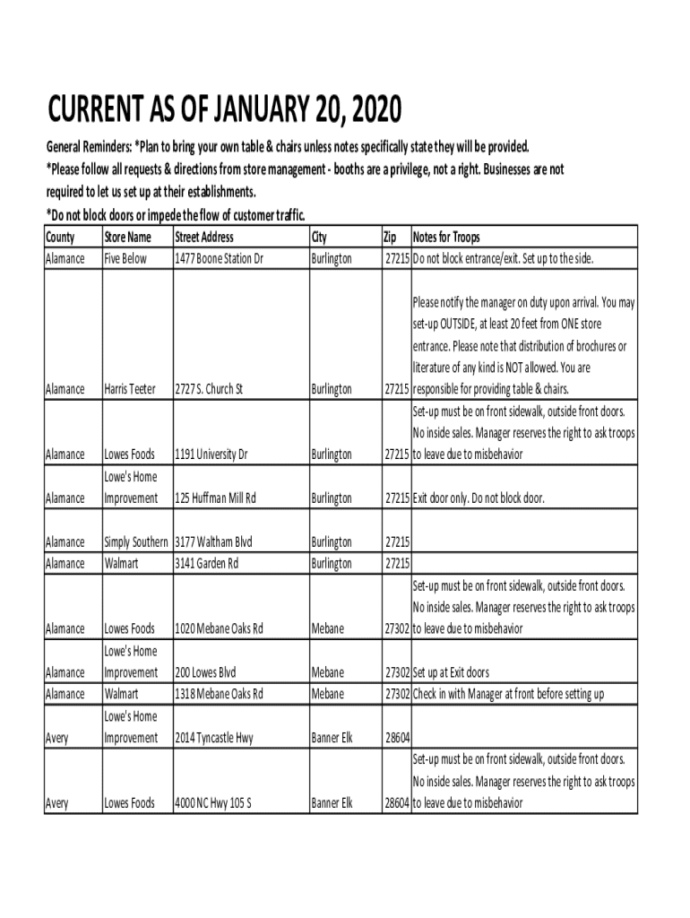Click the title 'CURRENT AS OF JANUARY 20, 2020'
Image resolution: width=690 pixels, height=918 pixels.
pyautogui.click(x=225, y=113)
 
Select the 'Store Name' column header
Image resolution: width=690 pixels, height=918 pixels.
pyautogui.click(x=128, y=238)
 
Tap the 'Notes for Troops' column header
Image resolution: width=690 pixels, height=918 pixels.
pyautogui.click(x=446, y=238)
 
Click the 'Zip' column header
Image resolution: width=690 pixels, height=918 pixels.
pyautogui.click(x=390, y=238)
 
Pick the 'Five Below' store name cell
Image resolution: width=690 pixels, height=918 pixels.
pyautogui.click(x=125, y=259)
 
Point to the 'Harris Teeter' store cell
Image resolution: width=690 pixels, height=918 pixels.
pyautogui.click(x=131, y=390)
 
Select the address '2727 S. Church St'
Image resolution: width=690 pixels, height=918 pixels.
pyautogui.click(x=209, y=390)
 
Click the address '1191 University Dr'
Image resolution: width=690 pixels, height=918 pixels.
pyautogui.click(x=211, y=455)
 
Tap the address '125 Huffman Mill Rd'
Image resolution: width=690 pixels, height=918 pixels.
pyautogui.click(x=216, y=498)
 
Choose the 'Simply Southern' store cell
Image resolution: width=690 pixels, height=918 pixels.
pyautogui.click(x=136, y=542)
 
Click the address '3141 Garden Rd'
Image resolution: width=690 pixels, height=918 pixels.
pyautogui.click(x=207, y=564)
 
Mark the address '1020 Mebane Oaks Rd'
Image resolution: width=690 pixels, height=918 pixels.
pyautogui.click(x=219, y=629)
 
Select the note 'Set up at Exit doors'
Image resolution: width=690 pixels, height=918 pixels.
pyautogui.click(x=463, y=672)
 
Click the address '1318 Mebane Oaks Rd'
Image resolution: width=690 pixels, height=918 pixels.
pyautogui.click(x=219, y=694)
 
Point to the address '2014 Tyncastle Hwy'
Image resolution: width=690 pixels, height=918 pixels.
pyautogui.click(x=214, y=738)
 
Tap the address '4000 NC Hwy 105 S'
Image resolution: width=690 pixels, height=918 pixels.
pyautogui.click(x=212, y=803)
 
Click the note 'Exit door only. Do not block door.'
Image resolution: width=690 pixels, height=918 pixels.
pyautogui.click(x=479, y=498)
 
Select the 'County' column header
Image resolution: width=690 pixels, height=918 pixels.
pyautogui.click(x=60, y=238)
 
